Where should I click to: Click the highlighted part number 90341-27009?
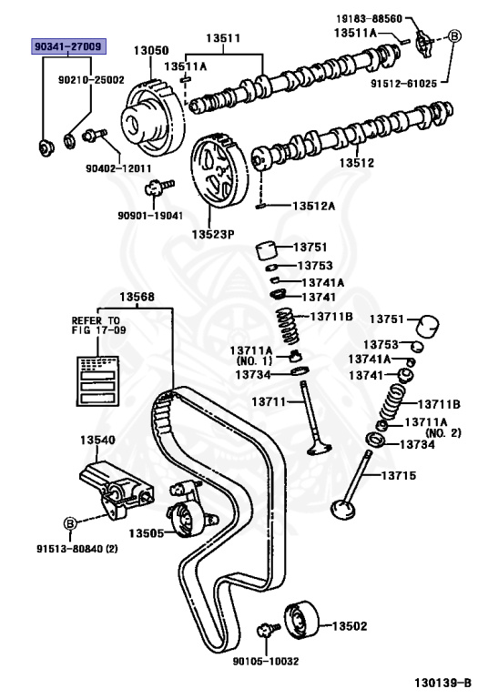pos(68,46)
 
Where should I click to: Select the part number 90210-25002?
pos(91,80)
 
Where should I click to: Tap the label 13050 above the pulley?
pos(151,51)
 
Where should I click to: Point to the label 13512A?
pos(313,206)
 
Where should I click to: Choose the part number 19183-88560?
pos(364,18)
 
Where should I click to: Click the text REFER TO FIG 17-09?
pos(96,327)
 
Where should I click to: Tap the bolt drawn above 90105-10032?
pos(269,629)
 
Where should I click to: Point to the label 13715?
pos(398,475)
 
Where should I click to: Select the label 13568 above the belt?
pos(137,297)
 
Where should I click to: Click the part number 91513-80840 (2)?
pos(77,549)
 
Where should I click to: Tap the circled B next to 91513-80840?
pos(68,522)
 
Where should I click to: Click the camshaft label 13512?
pos(357,164)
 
